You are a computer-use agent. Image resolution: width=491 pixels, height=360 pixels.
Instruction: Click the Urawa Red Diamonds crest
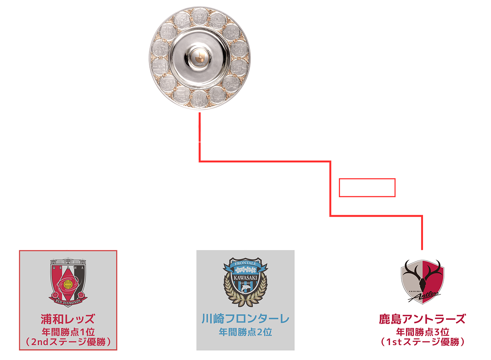tap(68, 282)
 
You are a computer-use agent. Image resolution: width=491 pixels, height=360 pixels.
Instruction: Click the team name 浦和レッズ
tap(68, 318)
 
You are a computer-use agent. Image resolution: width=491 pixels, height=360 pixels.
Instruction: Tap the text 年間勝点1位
tap(68, 331)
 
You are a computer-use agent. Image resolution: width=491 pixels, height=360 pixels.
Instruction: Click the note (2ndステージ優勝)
tap(68, 342)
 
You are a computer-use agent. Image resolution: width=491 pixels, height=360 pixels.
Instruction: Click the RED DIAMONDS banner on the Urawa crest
tap(68, 301)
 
